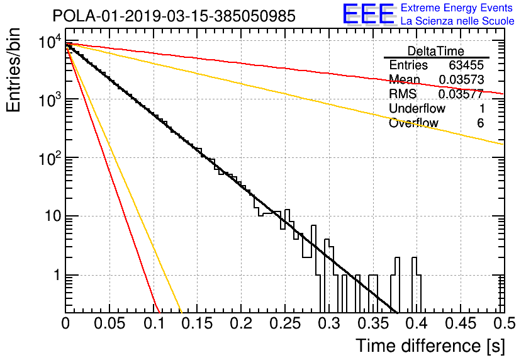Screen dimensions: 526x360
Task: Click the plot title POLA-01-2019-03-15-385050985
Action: [174, 16]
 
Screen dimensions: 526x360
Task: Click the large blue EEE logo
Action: [369, 14]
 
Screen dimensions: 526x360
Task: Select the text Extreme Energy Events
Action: [457, 8]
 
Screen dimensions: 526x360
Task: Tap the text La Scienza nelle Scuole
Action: [457, 21]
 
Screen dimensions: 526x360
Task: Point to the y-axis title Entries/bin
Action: [13, 70]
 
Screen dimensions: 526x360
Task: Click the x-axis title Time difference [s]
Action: [430, 346]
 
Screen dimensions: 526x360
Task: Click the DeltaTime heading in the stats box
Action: [436, 51]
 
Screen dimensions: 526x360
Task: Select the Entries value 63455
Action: [466, 65]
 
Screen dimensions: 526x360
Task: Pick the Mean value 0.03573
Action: [462, 79]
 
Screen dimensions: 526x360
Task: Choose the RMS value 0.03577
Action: [461, 94]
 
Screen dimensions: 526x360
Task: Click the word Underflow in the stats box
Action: [417, 108]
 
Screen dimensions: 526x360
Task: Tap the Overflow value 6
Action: [480, 123]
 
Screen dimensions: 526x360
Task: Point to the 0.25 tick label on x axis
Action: [285, 323]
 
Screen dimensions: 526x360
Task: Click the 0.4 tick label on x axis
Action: [417, 323]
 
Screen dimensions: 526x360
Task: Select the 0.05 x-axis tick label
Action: [109, 323]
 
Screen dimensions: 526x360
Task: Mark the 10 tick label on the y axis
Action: [53, 216]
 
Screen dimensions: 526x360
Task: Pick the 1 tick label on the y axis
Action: [57, 275]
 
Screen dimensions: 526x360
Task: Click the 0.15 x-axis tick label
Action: [198, 323]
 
